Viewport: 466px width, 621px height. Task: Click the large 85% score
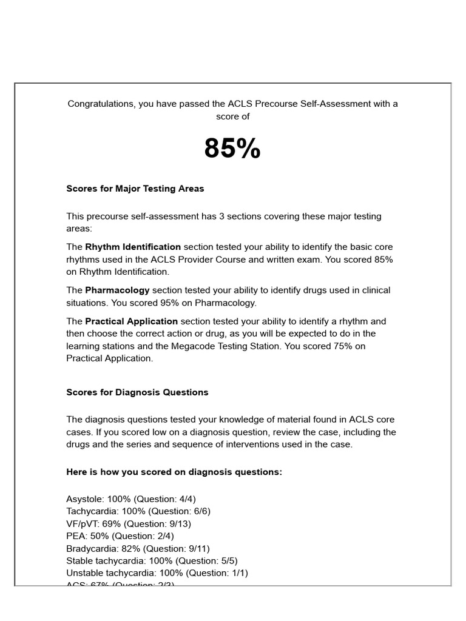pos(232,149)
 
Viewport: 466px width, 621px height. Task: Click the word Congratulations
pos(101,104)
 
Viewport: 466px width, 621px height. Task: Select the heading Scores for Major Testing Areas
pos(135,189)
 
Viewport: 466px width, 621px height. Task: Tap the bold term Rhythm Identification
pos(133,247)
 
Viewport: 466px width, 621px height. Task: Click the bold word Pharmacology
pos(117,290)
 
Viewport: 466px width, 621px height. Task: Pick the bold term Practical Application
pos(132,321)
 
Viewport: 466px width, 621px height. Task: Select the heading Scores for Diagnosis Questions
pos(137,392)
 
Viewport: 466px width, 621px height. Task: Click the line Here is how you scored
pos(174,472)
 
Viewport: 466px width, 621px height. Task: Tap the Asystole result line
pos(131,499)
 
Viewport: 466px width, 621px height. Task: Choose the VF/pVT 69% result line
pos(129,523)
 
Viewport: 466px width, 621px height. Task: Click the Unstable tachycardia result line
pos(157,572)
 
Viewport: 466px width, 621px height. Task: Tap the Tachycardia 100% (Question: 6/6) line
pos(138,511)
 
